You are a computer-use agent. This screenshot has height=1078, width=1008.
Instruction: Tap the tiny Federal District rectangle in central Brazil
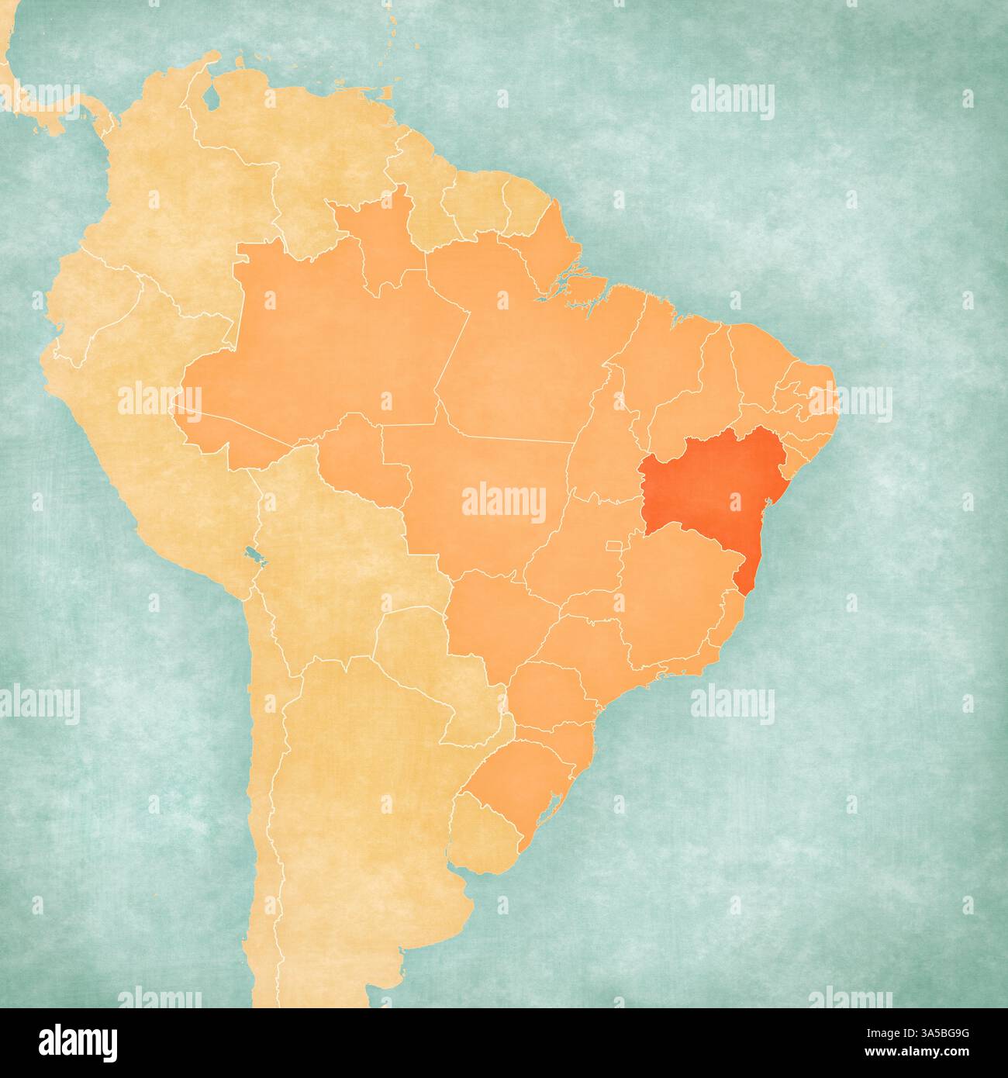pyautogui.click(x=614, y=546)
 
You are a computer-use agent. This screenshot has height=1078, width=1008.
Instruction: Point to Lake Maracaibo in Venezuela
pyautogui.click(x=211, y=98)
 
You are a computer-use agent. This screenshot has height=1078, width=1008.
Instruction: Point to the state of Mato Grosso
pyautogui.click(x=481, y=496)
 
